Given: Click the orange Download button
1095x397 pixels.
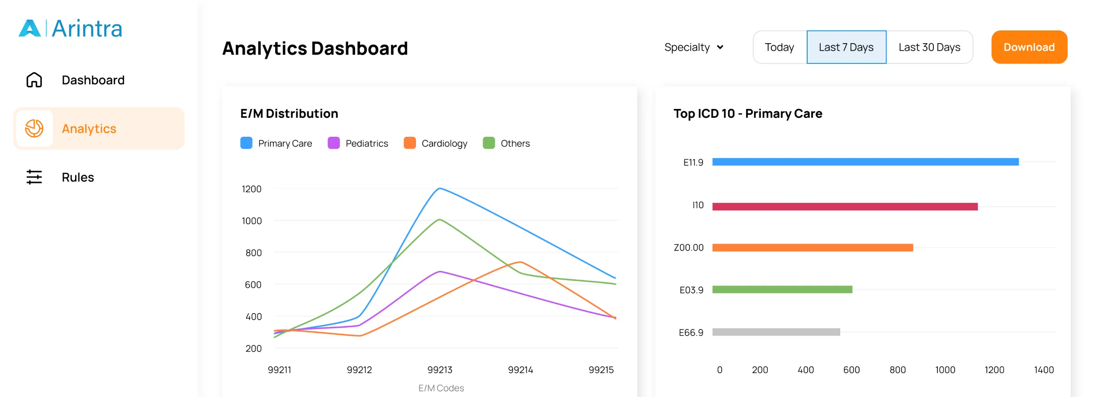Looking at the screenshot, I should (1029, 47).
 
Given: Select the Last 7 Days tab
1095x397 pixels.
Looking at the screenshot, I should (846, 47).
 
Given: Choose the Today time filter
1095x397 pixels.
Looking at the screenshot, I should (779, 47).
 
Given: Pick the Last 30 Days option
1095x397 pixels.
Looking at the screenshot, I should (929, 47).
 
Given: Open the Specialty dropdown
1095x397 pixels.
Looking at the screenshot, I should (694, 47).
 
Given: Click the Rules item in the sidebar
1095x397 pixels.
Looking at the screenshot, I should (78, 177).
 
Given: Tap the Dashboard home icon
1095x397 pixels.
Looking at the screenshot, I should (34, 80).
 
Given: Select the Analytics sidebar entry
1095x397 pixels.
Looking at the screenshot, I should (89, 129).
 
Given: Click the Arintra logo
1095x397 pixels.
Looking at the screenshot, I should (71, 29).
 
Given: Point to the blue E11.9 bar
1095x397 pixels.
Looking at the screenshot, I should (865, 162).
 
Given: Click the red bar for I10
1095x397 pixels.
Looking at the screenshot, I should (845, 206).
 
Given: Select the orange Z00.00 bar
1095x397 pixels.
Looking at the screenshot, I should (812, 247).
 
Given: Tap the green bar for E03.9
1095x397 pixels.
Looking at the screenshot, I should (782, 289).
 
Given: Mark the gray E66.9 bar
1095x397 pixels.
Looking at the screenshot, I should (776, 332).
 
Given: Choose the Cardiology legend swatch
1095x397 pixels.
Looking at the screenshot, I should (410, 143).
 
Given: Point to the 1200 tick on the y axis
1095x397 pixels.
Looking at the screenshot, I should (251, 189).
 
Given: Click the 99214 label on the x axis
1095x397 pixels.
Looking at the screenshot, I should (520, 370).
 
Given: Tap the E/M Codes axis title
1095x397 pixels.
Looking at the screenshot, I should (441, 388).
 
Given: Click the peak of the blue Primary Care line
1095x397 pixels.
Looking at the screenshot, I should (440, 189).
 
